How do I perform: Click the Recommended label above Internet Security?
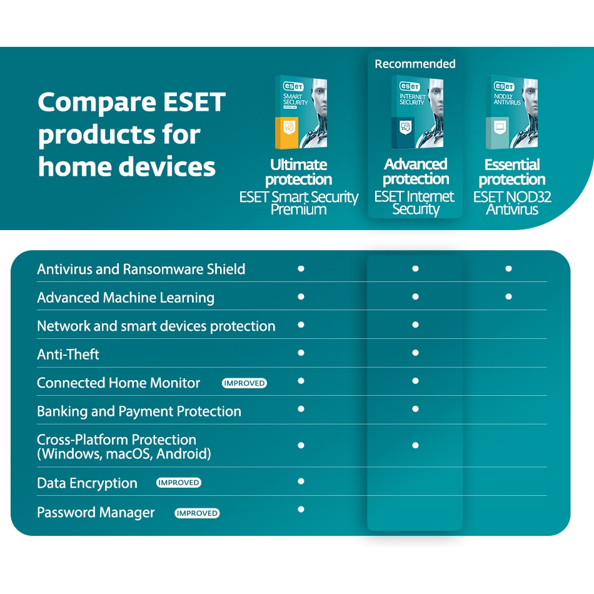coord(415,64)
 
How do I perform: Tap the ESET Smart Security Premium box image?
coord(301,112)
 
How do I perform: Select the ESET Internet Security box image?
coord(418,112)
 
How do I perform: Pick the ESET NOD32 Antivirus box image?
coord(512,112)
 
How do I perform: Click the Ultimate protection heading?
coord(298,172)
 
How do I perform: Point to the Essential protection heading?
coord(512,172)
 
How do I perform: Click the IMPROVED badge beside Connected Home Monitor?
coord(244,383)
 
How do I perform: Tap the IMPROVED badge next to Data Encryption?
coord(178,483)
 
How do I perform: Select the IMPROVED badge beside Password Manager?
coord(197,513)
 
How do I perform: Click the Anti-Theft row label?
coord(68,354)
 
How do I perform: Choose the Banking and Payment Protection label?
coord(139,411)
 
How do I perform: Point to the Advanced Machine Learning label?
coord(126,298)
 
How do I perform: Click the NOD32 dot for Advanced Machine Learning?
coord(508,296)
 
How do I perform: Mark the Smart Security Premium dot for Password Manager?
coord(301,509)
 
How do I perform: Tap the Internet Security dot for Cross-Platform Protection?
coord(416,445)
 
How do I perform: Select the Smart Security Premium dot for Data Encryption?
coord(301,481)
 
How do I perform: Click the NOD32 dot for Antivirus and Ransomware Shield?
coord(508,269)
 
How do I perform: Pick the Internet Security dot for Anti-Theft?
coord(416,353)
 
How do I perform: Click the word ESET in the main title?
coord(194,102)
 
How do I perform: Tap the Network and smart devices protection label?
coord(156,326)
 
